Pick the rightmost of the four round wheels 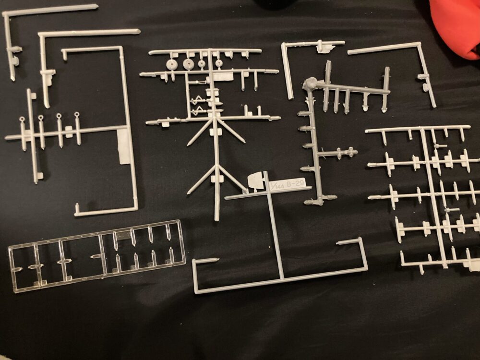coord(218,64)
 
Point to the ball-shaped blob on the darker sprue coord(310,83)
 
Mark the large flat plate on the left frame coord(125,146)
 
